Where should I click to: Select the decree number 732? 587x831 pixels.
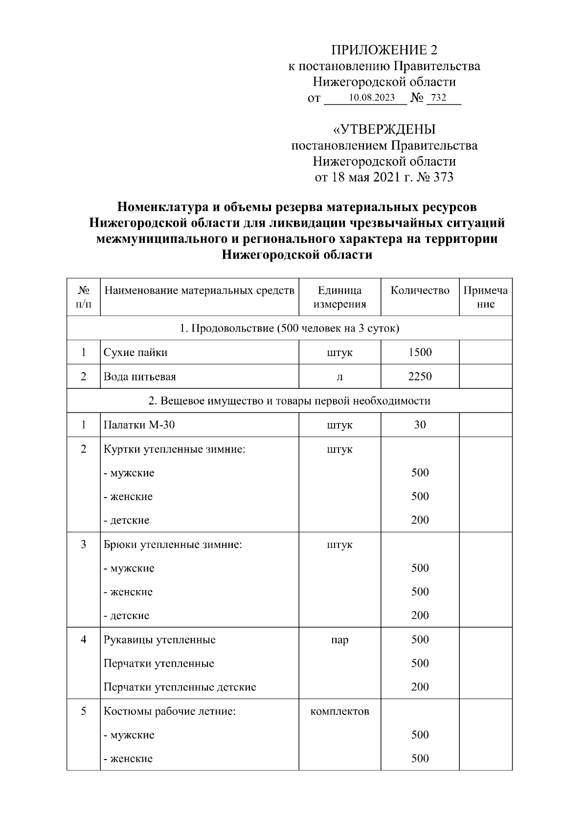click(438, 97)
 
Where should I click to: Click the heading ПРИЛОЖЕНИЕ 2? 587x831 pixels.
click(384, 50)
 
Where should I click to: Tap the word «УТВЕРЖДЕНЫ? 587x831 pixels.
click(384, 129)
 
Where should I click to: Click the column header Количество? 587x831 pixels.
click(420, 290)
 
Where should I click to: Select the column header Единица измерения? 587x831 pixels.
click(339, 297)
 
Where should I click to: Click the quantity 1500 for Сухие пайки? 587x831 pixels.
click(420, 352)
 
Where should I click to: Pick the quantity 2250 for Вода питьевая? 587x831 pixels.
click(420, 376)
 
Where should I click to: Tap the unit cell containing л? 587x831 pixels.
click(339, 377)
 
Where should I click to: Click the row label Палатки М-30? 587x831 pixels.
click(139, 425)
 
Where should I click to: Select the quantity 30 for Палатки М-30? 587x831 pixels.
click(420, 425)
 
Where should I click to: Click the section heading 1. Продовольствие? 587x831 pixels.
click(289, 328)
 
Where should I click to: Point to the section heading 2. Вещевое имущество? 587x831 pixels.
click(289, 401)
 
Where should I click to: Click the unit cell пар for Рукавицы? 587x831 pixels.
click(339, 640)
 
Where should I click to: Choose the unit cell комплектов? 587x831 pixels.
click(339, 711)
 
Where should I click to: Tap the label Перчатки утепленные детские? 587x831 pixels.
click(180, 687)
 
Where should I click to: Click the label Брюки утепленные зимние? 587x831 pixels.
click(173, 545)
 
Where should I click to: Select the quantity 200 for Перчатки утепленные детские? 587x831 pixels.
click(420, 687)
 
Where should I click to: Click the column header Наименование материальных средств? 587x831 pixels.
click(199, 290)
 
